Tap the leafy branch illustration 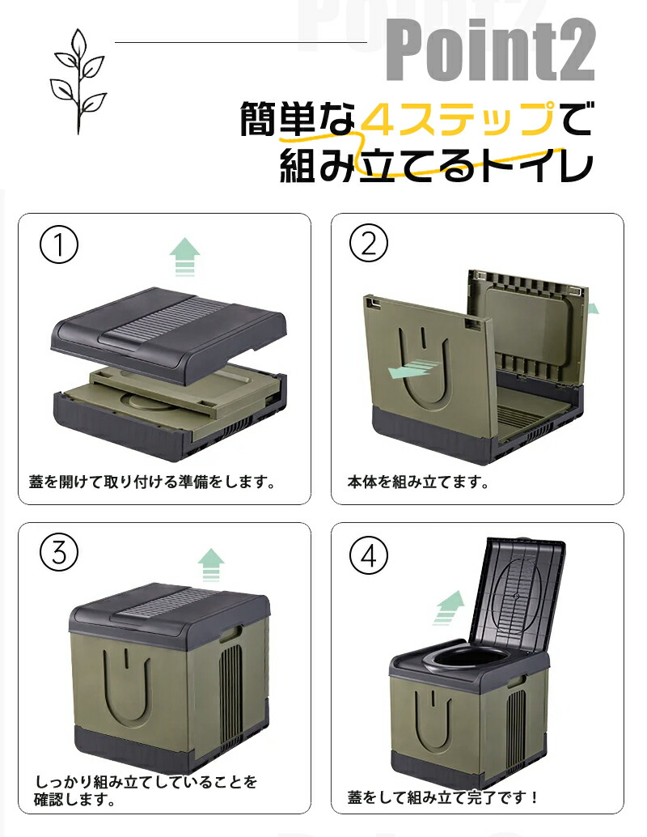coord(78,81)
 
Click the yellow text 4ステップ coord(457,118)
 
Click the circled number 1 coord(59,244)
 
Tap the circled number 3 coord(59,553)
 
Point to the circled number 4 coord(369,555)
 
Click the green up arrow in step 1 coord(184,257)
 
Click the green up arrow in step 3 coord(211,565)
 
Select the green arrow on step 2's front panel coord(412,369)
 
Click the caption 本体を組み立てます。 coord(419,482)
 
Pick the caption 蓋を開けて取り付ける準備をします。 coord(153,482)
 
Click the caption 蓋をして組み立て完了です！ coord(443,797)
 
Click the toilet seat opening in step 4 coord(469,659)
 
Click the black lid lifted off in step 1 coord(168,333)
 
